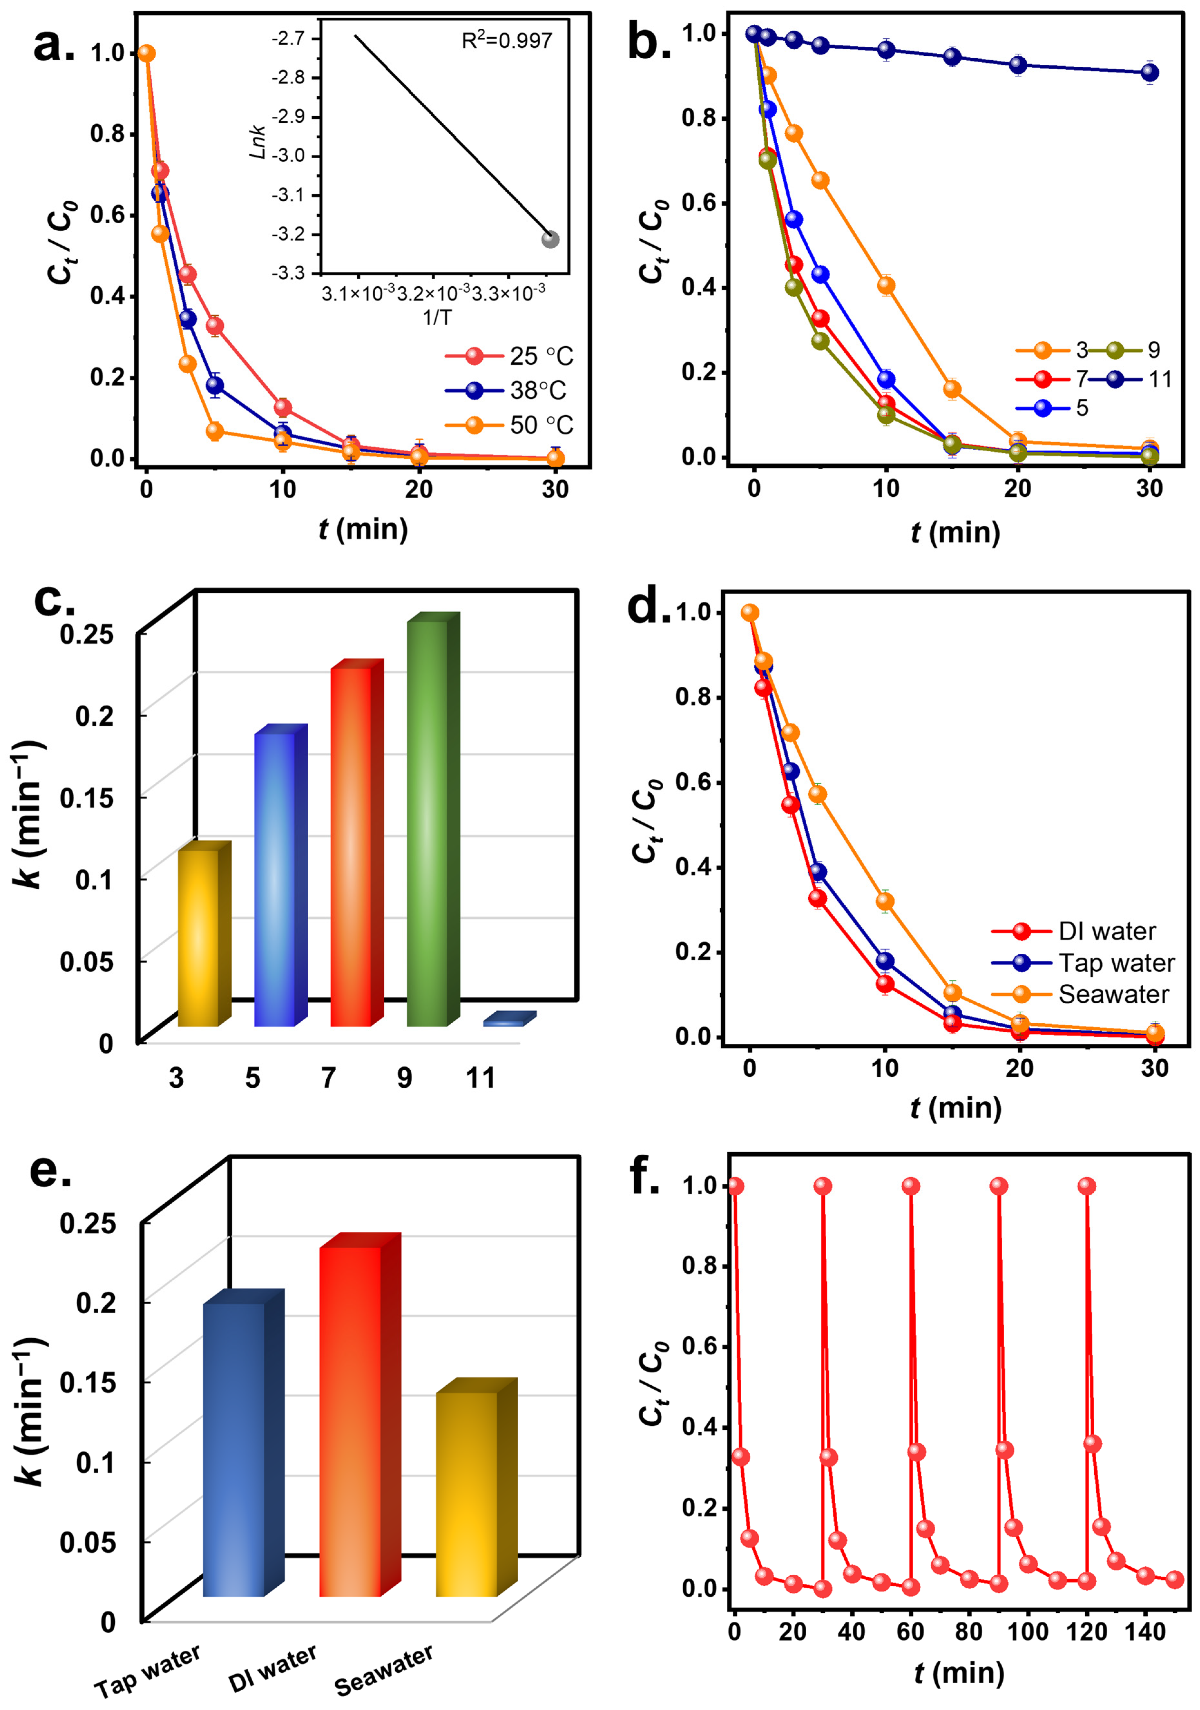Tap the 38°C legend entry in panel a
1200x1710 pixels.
(x=506, y=390)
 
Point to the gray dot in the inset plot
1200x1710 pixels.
(x=550, y=239)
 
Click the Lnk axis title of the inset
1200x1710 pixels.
(x=258, y=141)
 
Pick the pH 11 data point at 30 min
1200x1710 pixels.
(x=1149, y=72)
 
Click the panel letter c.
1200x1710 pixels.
(x=53, y=597)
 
